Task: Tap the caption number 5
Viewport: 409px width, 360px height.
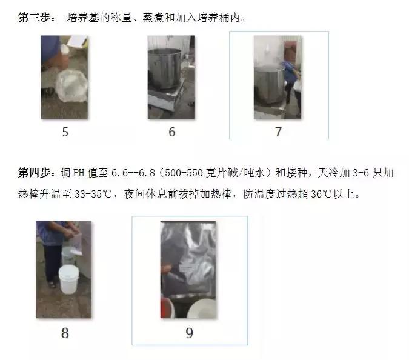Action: (x=65, y=132)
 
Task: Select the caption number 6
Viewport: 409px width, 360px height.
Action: (x=172, y=132)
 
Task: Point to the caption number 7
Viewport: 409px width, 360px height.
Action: (x=278, y=132)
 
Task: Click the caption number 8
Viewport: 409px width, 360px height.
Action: (x=65, y=333)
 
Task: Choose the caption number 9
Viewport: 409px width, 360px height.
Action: (x=189, y=333)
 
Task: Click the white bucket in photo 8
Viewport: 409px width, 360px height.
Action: (x=72, y=278)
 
